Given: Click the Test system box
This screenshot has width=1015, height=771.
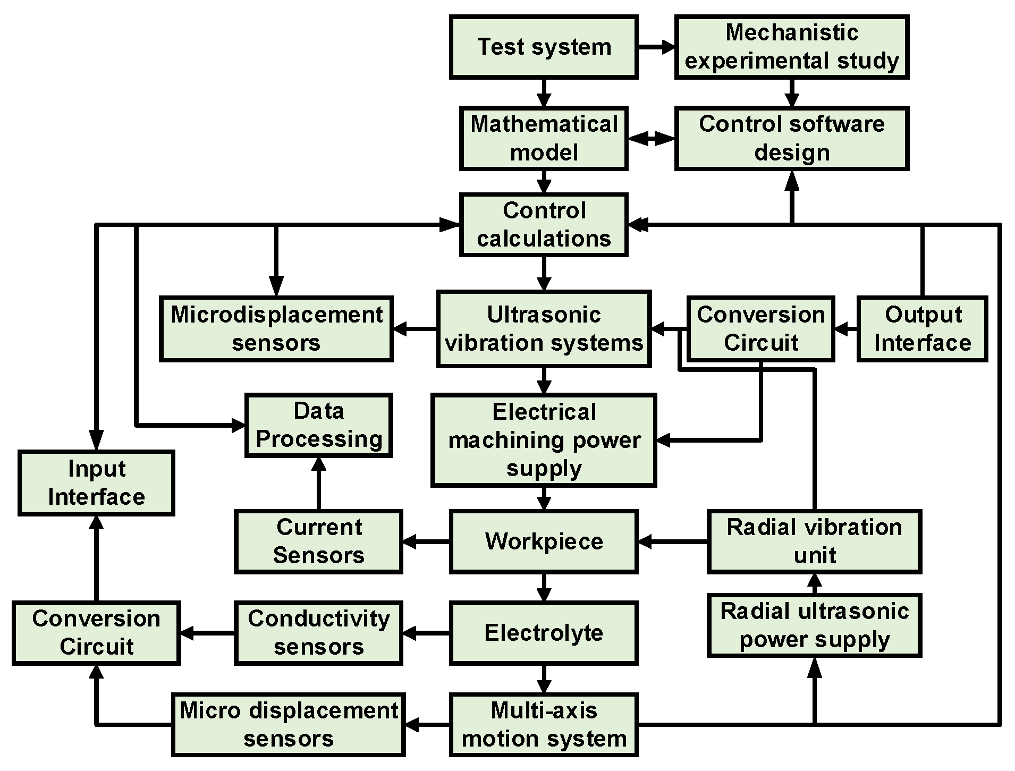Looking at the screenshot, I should tap(544, 47).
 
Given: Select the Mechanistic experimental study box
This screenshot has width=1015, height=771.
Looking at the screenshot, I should tap(791, 47).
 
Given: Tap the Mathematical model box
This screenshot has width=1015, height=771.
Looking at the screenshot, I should tap(544, 139).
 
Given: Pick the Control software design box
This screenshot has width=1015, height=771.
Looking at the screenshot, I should tap(791, 139).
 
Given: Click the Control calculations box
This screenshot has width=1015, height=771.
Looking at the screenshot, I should tap(544, 225).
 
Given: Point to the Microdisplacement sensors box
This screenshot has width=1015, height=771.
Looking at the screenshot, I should tap(276, 329).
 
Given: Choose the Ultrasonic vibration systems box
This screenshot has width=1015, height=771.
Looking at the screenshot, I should tap(544, 329).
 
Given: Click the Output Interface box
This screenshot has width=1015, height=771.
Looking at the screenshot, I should tap(922, 329).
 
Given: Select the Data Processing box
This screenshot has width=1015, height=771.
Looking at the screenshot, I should tap(318, 425).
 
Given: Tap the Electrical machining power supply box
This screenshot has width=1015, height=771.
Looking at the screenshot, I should tap(544, 440).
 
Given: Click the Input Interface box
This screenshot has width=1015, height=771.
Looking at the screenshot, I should tap(96, 483).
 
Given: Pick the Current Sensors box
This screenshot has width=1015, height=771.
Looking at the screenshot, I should tap(318, 541).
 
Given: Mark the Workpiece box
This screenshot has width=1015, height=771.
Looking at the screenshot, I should tap(544, 541).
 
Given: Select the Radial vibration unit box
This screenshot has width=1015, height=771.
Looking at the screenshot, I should tap(814, 541).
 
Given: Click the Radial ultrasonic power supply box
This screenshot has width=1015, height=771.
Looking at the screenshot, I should tap(814, 625).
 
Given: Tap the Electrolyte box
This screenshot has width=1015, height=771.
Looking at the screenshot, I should tap(544, 633).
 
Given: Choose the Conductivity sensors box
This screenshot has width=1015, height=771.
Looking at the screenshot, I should tap(318, 633).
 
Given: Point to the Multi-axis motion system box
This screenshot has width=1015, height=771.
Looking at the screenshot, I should tap(544, 725).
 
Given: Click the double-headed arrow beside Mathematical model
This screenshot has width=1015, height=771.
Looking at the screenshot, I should tap(651, 139).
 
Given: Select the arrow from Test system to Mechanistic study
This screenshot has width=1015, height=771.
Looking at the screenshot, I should tap(656, 47).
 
